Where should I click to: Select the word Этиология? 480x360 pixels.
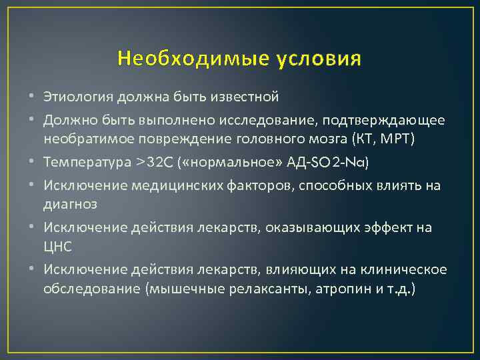(79, 98)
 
